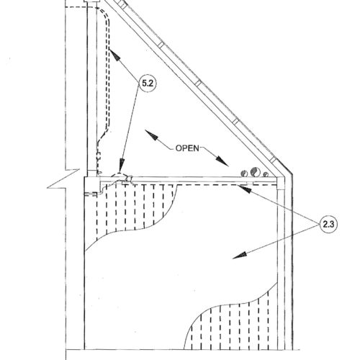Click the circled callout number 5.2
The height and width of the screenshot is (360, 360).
click(x=148, y=84)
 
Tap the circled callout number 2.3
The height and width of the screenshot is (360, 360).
click(x=328, y=225)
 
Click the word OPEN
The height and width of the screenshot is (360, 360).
click(x=187, y=148)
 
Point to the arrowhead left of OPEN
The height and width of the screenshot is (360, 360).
click(x=151, y=135)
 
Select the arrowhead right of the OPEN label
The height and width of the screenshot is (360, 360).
click(x=222, y=161)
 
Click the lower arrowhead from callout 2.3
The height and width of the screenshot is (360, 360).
click(x=240, y=255)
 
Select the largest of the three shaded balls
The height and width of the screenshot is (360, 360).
click(x=254, y=171)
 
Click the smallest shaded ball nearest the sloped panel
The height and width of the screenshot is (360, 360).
click(x=266, y=174)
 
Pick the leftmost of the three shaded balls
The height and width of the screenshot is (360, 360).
click(x=244, y=174)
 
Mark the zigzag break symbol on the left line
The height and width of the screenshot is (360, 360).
click(x=63, y=179)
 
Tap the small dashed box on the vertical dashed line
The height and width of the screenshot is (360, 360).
click(x=99, y=156)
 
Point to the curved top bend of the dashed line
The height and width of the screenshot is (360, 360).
click(x=105, y=14)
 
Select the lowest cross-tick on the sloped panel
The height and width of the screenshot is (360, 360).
click(x=272, y=159)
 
